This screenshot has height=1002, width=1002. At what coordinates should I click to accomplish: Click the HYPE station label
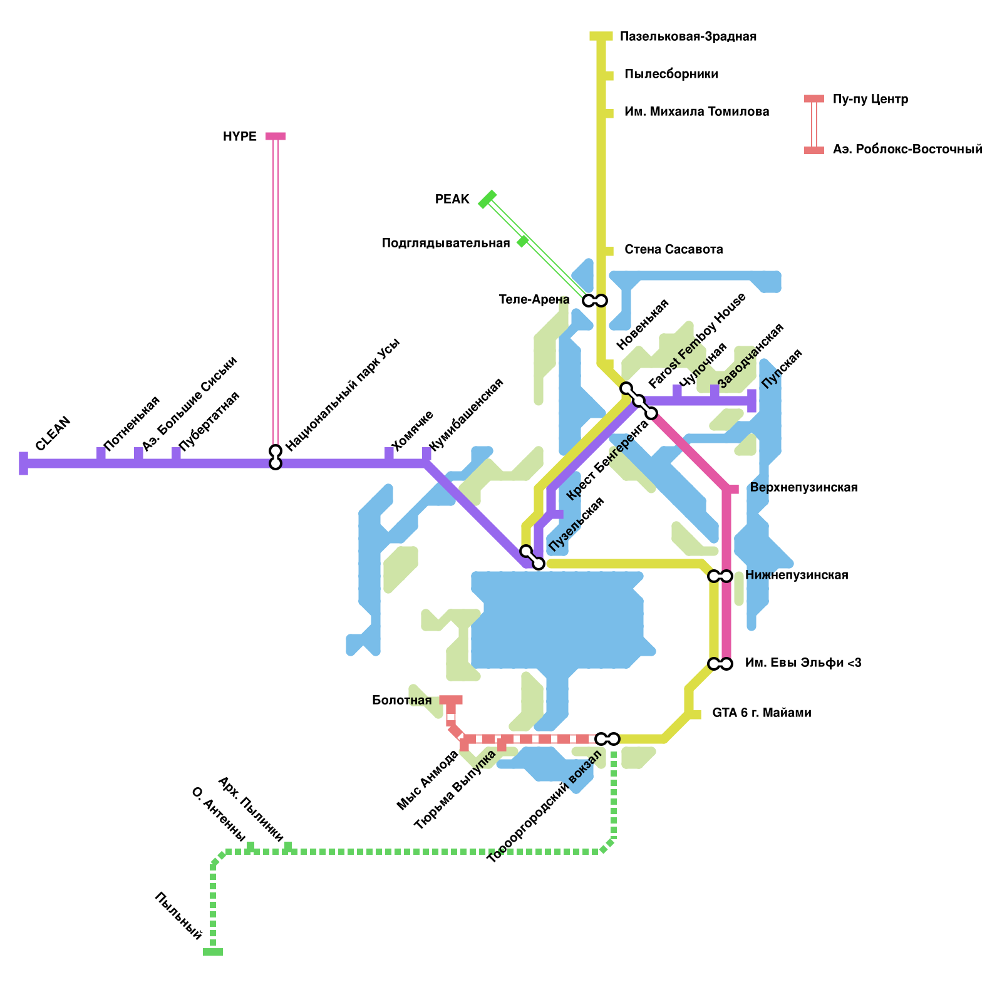[x=239, y=137]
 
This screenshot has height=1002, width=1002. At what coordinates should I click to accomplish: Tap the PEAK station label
[x=452, y=200]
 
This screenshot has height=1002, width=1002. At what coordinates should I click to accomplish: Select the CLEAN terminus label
[x=53, y=433]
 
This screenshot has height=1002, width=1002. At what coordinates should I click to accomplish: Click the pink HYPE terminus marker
[x=276, y=136]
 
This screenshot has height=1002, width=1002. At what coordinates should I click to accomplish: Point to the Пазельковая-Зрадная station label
[x=688, y=36]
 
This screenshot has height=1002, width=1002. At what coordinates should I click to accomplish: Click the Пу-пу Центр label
[x=870, y=99]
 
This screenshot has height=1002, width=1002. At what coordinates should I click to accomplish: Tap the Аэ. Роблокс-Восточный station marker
[x=814, y=150]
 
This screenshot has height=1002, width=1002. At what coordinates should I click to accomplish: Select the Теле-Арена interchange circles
[x=595, y=301]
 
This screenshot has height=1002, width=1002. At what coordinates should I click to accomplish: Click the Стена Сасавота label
[x=674, y=249]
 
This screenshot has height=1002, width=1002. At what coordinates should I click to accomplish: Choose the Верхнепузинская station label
[x=803, y=487]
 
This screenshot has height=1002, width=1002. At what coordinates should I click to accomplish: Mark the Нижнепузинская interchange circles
[x=720, y=576]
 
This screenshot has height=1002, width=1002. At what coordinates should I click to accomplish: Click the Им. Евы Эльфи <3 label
[x=803, y=663]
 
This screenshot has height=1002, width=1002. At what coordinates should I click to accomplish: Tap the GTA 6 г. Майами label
[x=762, y=713]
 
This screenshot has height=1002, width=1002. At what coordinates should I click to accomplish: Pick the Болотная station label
[x=401, y=700]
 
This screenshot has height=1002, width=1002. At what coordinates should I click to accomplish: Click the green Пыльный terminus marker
[x=213, y=952]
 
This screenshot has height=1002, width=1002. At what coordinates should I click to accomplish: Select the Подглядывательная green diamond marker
[x=523, y=241]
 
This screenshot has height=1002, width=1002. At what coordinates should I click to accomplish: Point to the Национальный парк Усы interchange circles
[x=276, y=457]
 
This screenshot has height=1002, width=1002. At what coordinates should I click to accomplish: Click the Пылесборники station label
[x=671, y=74]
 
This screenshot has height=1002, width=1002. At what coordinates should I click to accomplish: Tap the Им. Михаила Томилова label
[x=697, y=111]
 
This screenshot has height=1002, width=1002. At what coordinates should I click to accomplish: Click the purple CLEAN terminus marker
[x=24, y=463]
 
